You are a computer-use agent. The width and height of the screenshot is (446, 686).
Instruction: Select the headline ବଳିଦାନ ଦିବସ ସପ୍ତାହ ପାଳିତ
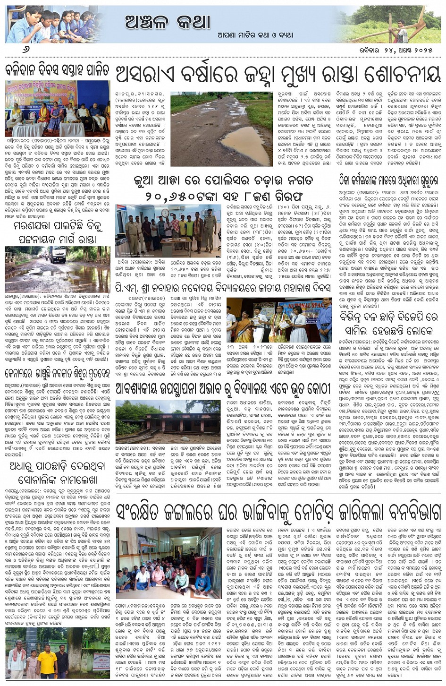tap(57, 71)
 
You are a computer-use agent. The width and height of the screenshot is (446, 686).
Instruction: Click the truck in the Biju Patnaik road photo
tap(59, 255)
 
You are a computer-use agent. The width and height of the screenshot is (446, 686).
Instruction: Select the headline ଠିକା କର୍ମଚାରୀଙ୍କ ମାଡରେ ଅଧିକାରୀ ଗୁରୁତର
tap(389, 180)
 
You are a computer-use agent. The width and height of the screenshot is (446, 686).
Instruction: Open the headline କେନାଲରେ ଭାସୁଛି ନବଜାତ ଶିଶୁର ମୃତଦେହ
tap(58, 374)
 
